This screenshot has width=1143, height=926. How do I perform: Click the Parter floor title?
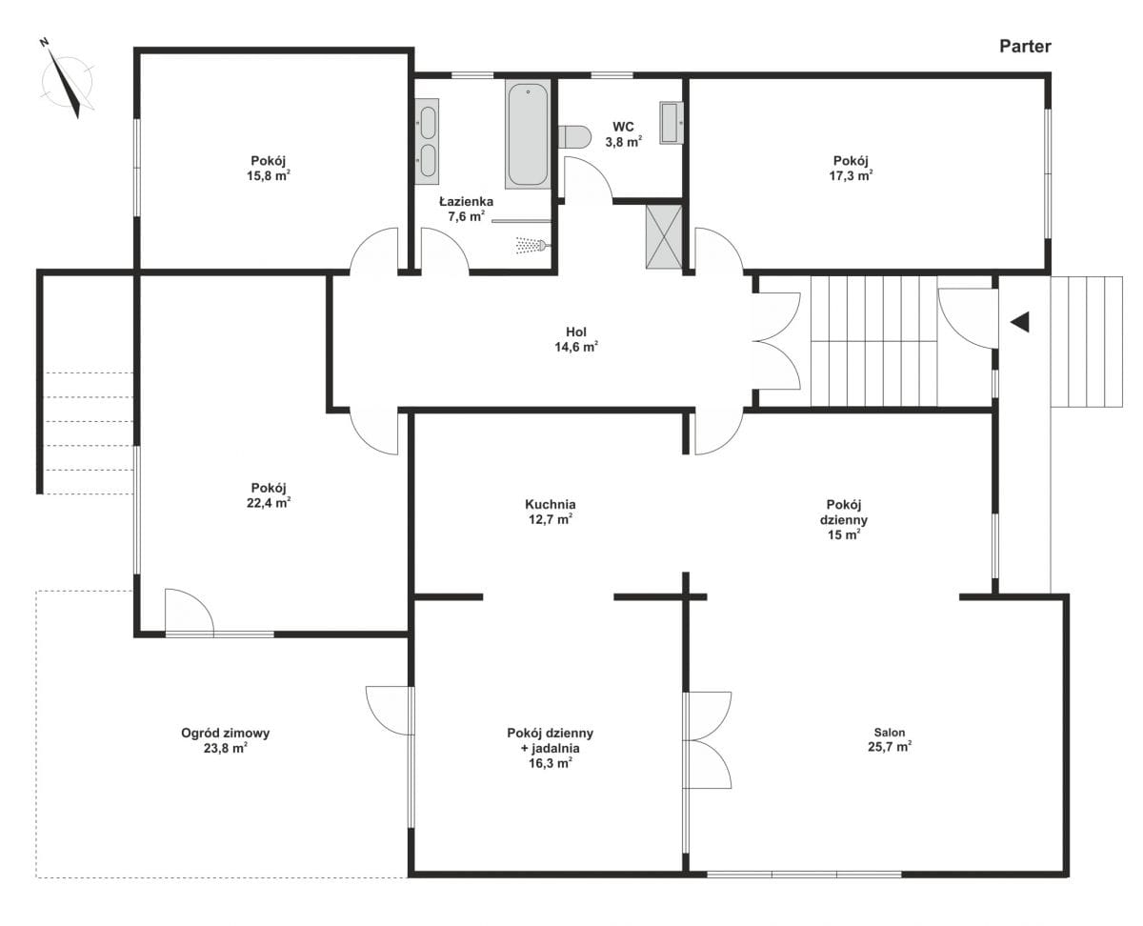coord(1024,47)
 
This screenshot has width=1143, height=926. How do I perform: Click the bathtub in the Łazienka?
coord(528,133)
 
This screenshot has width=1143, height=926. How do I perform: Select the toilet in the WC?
coord(573,136)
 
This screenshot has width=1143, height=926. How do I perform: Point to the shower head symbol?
coord(532,245)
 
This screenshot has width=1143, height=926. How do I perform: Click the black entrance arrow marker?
coord(1019,322)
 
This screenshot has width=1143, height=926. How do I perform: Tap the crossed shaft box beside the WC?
coord(664,236)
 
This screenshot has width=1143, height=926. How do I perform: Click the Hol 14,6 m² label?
coord(576,339)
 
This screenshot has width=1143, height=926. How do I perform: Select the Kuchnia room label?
coord(550,512)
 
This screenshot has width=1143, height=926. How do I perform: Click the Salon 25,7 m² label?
coord(890,739)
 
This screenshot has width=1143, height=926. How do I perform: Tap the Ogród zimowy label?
coord(226,740)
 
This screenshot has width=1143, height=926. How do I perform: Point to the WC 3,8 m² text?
coord(623,134)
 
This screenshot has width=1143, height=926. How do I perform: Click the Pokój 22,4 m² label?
coord(269,495)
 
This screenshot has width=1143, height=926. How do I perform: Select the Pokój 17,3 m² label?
coord(851,168)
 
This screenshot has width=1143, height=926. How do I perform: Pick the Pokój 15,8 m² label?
coord(269,168)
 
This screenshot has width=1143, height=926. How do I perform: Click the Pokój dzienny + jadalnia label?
coord(550,748)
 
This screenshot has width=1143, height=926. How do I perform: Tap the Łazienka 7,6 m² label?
coord(466,209)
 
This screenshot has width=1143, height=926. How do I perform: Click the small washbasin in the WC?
coord(672,123)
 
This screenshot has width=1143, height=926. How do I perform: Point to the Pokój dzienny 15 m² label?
coord(844,519)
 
